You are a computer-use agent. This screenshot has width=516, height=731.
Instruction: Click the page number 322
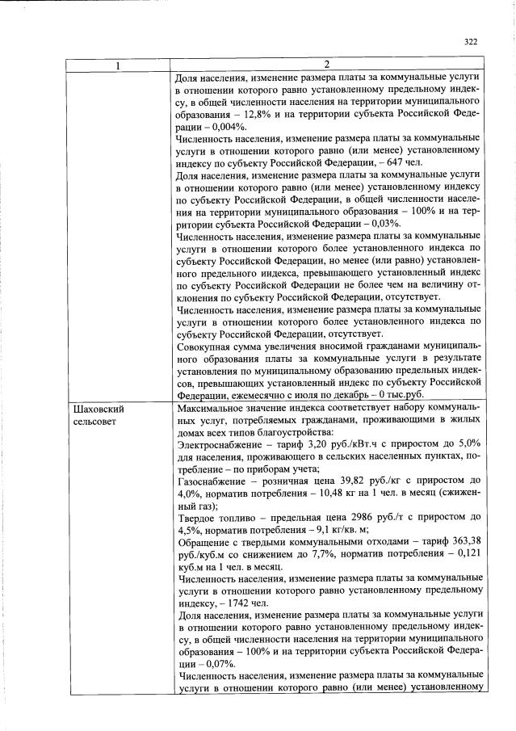pyautogui.click(x=472, y=42)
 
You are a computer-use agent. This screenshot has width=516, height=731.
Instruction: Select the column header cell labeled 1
pyautogui.click(x=120, y=65)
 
